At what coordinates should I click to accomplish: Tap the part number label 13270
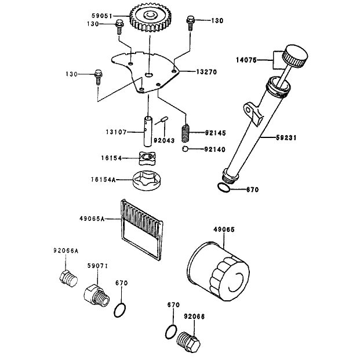tap(206, 72)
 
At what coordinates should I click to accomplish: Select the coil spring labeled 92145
tap(186, 133)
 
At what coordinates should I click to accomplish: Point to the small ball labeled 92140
tap(185, 149)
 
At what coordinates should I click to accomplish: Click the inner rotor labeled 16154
tap(147, 158)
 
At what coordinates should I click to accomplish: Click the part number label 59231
tap(286, 138)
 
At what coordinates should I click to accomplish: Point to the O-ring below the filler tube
tap(223, 188)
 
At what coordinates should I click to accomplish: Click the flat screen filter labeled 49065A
tap(141, 230)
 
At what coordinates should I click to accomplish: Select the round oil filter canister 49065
tap(219, 271)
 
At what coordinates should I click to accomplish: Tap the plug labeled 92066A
tap(68, 278)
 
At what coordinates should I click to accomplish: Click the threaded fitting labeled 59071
tap(96, 295)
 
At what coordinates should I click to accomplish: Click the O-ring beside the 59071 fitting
tap(120, 310)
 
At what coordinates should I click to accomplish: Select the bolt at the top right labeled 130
tap(190, 23)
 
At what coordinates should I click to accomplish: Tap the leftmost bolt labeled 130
tap(99, 77)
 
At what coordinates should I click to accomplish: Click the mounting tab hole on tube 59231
tap(248, 110)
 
